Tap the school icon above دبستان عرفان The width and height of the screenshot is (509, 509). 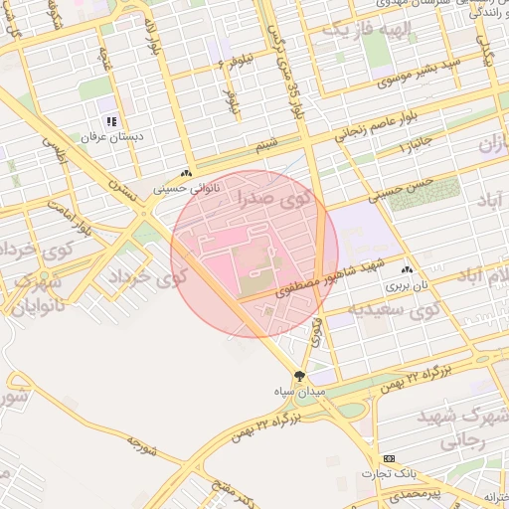[x=111, y=120]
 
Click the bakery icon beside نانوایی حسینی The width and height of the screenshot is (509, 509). [x=187, y=173]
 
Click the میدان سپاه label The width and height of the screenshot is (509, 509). [x=300, y=393]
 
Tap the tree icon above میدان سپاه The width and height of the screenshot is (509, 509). [x=300, y=377]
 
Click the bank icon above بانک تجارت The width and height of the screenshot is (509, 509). [x=388, y=458]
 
